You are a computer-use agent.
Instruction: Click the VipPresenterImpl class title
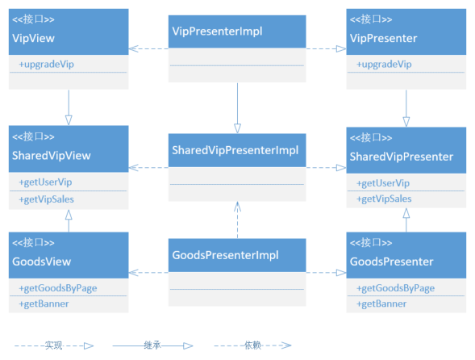click(x=217, y=31)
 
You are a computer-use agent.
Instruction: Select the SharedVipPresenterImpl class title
click(x=235, y=150)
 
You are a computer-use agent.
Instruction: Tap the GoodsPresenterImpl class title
click(x=225, y=255)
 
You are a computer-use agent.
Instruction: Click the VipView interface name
click(x=33, y=38)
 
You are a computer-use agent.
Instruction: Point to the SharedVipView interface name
click(x=52, y=156)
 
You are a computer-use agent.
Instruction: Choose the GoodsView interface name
click(x=41, y=262)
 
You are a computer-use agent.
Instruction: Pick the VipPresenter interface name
click(x=384, y=38)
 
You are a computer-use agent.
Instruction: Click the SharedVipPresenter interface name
click(x=402, y=157)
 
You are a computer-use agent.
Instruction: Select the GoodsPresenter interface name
click(x=392, y=262)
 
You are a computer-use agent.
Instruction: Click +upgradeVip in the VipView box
click(x=46, y=65)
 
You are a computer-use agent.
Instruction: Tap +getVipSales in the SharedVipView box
click(x=46, y=199)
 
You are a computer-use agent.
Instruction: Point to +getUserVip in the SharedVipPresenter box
click(x=383, y=183)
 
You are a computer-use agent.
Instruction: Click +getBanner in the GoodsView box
click(x=44, y=303)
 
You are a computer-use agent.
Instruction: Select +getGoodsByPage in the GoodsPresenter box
click(x=395, y=288)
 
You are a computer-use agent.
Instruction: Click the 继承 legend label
click(x=152, y=345)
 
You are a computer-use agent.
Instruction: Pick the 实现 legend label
click(x=53, y=345)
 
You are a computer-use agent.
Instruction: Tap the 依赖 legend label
click(x=252, y=345)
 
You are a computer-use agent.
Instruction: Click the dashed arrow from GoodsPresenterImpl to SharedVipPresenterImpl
click(x=237, y=220)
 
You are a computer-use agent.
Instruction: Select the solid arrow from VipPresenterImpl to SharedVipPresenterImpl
click(x=237, y=108)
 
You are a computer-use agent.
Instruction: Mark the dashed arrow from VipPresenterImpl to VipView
click(x=148, y=48)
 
